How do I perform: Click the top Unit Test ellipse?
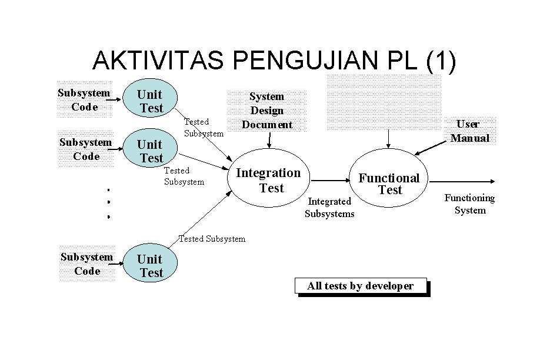click(150, 100)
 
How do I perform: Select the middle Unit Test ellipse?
click(151, 151)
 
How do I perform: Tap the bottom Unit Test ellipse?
click(151, 266)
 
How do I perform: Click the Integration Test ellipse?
click(268, 180)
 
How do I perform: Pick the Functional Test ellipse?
click(389, 183)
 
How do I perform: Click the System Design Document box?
click(267, 111)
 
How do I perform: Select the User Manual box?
click(470, 131)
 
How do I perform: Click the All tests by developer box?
click(360, 286)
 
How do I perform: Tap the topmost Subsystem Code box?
click(84, 99)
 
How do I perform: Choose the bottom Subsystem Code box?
click(87, 264)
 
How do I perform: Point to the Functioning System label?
click(469, 204)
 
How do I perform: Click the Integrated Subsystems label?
click(329, 208)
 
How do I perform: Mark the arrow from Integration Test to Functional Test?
click(331, 181)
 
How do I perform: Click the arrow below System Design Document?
click(269, 139)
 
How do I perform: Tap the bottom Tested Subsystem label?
click(211, 239)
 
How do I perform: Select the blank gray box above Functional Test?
click(384, 102)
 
